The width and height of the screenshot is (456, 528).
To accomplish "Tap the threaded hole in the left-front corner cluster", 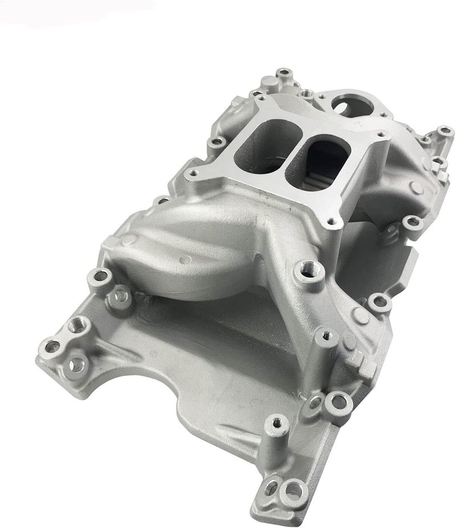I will click(75, 326).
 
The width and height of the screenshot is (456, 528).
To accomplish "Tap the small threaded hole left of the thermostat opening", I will click(308, 91).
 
